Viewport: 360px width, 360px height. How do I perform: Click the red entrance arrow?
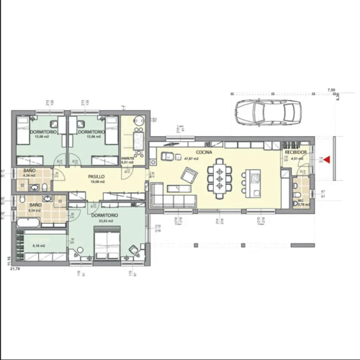pyautogui.click(x=326, y=160)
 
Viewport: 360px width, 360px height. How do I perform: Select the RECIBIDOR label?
pyautogui.click(x=296, y=153)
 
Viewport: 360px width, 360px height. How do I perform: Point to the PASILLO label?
pyautogui.click(x=97, y=176)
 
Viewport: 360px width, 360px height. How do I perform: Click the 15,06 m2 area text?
pyautogui.click(x=97, y=182)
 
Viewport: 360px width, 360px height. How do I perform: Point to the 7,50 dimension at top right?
pyautogui.click(x=331, y=89)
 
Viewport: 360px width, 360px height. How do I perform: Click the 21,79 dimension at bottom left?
pyautogui.click(x=14, y=269)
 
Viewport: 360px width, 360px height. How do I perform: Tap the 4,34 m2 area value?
pyautogui.click(x=29, y=176)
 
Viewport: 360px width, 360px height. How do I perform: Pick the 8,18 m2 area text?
pyautogui.click(x=38, y=246)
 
